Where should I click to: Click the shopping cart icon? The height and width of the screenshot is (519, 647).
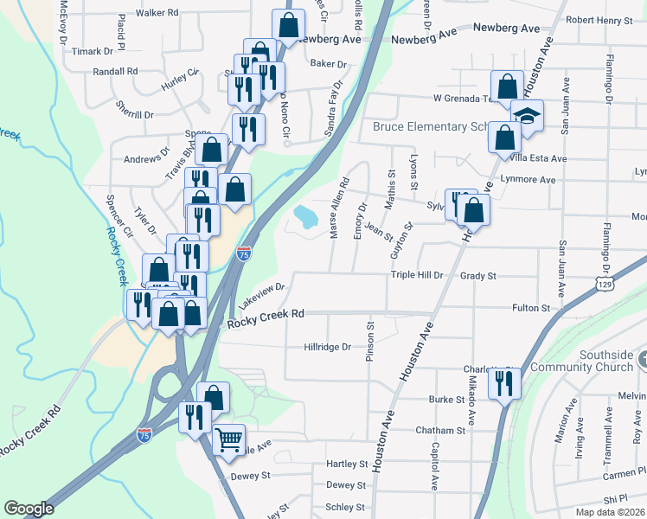point(228,439)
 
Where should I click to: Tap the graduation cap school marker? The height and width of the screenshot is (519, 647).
point(526,115)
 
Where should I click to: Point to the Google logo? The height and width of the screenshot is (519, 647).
point(29,509)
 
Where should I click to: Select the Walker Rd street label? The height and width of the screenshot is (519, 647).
point(157,13)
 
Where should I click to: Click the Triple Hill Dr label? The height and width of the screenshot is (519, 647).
point(417,275)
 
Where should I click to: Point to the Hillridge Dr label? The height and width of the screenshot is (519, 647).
point(327,347)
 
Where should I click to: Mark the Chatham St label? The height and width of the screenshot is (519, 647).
point(440,430)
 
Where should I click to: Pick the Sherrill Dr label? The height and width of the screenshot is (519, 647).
point(134,114)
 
